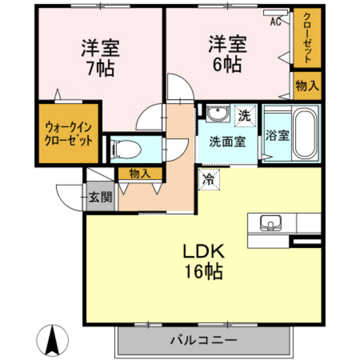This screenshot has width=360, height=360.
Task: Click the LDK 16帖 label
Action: coord(205,261)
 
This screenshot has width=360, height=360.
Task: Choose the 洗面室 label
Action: coord(228,142)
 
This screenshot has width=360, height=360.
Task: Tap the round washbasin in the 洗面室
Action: coord(219,115)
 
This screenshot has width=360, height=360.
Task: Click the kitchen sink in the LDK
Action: coord(271,224)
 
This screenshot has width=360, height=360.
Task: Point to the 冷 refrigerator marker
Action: coord(208,180)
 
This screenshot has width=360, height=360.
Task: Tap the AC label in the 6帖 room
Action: coord(275,21)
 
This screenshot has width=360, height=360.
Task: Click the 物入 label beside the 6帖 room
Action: coord(306,84)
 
